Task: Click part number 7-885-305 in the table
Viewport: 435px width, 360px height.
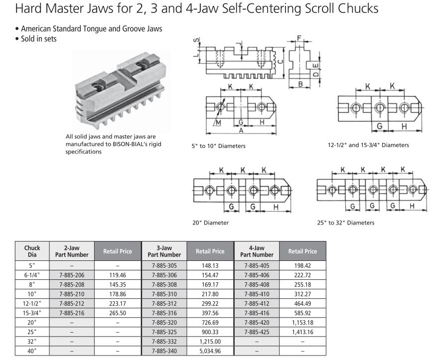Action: [x=164, y=265]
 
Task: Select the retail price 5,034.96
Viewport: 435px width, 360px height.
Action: [x=210, y=351]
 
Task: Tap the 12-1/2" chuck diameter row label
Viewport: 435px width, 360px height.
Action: [x=32, y=303]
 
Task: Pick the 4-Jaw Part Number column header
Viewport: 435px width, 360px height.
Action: [x=257, y=251]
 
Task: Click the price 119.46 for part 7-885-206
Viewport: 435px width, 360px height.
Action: [x=118, y=275]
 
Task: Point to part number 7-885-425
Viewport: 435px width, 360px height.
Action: [x=257, y=332]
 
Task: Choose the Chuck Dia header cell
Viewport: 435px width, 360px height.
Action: [x=32, y=251]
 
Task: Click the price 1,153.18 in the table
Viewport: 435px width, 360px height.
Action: [x=302, y=322]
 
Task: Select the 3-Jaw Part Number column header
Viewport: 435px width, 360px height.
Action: [x=164, y=251]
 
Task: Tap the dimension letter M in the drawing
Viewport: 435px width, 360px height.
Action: [x=218, y=122]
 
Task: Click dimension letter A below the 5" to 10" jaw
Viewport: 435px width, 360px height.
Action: [x=241, y=130]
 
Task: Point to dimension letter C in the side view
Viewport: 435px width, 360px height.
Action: [x=281, y=62]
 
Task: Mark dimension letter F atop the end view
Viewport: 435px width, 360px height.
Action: [x=299, y=38]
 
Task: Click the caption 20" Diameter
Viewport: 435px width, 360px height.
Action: [x=211, y=223]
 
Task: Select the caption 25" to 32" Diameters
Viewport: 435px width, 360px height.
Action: [x=346, y=223]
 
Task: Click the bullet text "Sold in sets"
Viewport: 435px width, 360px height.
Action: [x=39, y=39]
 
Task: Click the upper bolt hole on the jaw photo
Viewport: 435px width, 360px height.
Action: [x=141, y=65]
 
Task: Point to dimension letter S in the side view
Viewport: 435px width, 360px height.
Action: [x=196, y=40]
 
